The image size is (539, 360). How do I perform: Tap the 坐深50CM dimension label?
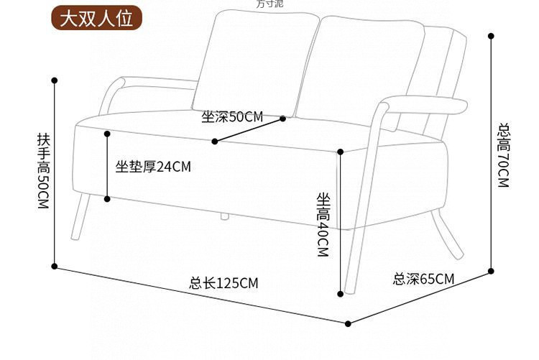click(x=232, y=116)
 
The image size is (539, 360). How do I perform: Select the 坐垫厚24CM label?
click(x=153, y=167)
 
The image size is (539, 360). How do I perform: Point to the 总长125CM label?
click(x=224, y=282)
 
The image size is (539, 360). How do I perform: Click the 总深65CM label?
click(x=423, y=279)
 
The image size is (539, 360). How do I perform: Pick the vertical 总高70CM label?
click(x=503, y=155)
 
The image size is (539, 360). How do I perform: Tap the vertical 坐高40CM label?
click(x=322, y=225)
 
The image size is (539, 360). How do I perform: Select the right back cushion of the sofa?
click(x=363, y=72)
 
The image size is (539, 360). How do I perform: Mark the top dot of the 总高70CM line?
click(x=491, y=35)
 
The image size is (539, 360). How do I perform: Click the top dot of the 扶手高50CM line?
click(x=55, y=80)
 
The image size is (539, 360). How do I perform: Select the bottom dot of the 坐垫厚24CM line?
click(x=107, y=198)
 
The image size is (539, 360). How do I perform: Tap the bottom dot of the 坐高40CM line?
click(x=341, y=293)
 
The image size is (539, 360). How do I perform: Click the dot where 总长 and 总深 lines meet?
click(x=349, y=323)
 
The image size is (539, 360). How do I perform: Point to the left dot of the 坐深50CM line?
click(x=214, y=142)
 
